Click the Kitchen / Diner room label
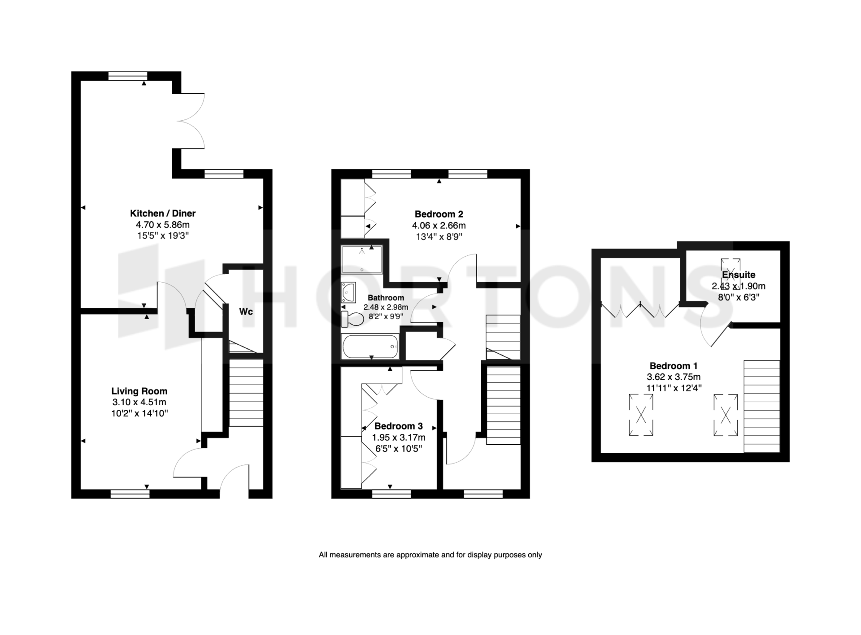pos(163,213)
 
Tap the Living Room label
pos(139,391)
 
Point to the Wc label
pos(246,311)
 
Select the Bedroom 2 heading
pos(439,214)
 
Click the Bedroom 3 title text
pos(399,426)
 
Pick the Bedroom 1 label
pos(674,366)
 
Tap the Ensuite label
pos(739,275)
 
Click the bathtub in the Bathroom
pos(370,347)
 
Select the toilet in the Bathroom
pos(352,320)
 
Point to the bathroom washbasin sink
pos(348,293)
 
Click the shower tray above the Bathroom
pos(362,259)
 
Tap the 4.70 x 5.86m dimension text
pos(163,225)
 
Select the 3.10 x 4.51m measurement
pos(139,402)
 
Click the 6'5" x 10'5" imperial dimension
pos(399,448)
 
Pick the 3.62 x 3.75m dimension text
pos(674,377)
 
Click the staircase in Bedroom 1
pos(762,406)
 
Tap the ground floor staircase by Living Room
pos(246,393)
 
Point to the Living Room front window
pos(130,494)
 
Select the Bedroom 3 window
pos(391,494)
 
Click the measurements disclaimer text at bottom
pos(430,555)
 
